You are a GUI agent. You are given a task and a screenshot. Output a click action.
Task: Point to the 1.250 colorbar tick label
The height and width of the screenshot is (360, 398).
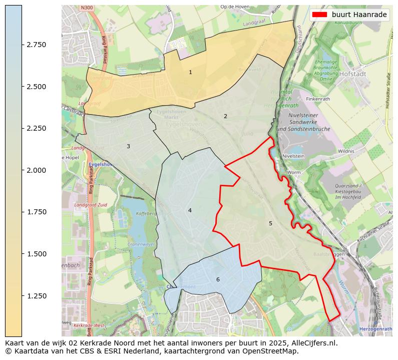pos(36,296)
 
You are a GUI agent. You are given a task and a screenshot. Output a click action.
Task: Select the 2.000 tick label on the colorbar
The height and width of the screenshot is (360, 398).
pos(36,170)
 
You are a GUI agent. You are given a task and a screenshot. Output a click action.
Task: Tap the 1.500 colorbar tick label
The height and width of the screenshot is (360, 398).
pos(36,254)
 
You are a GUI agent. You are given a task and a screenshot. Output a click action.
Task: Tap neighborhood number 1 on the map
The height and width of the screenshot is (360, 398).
pos(190,73)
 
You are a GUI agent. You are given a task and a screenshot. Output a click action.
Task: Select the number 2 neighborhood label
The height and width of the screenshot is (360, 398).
pos(225,116)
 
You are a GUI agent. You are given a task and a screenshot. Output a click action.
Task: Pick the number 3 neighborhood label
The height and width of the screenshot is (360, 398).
pos(128,146)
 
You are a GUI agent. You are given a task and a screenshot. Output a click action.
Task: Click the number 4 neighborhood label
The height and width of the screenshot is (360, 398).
pos(190,210)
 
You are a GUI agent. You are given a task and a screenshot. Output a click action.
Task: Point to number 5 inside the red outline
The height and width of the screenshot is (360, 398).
pos(270,223)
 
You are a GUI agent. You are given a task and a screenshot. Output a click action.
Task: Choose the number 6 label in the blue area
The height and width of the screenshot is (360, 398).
pos(218,279)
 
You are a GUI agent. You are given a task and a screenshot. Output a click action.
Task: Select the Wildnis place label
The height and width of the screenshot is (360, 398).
pos(346,151)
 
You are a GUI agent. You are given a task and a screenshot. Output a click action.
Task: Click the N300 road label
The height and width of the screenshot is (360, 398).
pos(87,9)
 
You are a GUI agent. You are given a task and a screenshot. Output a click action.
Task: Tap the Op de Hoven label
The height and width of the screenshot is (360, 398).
pos(235,8)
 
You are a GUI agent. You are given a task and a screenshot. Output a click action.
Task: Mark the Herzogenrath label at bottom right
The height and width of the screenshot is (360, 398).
pos(375,329)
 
